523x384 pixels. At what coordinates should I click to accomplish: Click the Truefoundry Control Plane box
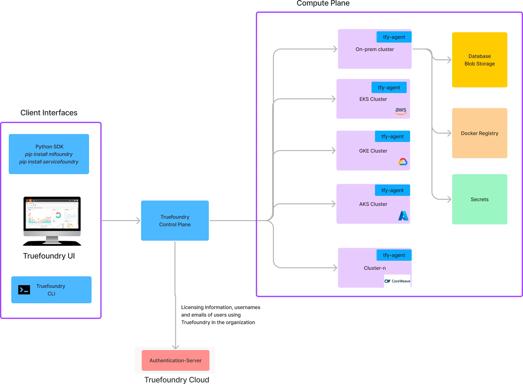[x=175, y=221]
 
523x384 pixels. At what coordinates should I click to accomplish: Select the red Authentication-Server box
[x=175, y=360]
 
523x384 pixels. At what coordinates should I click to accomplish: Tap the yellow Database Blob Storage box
[x=480, y=60]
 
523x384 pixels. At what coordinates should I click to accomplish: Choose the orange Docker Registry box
[x=480, y=133]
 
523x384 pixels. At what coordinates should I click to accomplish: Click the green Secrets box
[x=480, y=199]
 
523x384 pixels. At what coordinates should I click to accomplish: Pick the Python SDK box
[x=49, y=154]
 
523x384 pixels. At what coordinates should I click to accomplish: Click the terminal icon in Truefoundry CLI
[x=24, y=290]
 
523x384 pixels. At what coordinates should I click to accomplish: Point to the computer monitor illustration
[x=52, y=221]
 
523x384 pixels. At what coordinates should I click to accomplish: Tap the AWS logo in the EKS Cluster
[x=401, y=111]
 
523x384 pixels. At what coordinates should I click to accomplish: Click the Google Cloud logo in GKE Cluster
[x=403, y=162]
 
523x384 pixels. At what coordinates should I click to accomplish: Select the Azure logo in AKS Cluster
[x=403, y=216]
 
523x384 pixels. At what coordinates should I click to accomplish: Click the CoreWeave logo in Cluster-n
[x=397, y=281]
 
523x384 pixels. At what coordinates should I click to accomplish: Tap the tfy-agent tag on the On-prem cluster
[x=394, y=37]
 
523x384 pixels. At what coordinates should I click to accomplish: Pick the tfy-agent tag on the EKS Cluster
[x=389, y=88]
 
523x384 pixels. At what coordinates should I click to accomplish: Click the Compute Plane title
[x=323, y=3]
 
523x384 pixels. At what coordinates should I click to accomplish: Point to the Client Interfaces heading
[x=49, y=113]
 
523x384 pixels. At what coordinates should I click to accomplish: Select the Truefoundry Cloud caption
[x=177, y=380]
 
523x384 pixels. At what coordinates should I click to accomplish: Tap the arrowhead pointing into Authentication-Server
[x=175, y=347]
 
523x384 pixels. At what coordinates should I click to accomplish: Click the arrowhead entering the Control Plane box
[x=138, y=221]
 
